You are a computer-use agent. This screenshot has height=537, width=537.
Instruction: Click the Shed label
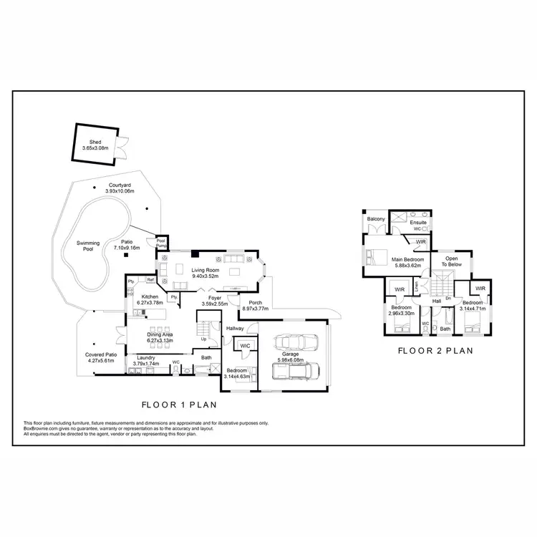click(95, 142)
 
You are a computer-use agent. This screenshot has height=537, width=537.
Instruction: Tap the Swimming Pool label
click(88, 247)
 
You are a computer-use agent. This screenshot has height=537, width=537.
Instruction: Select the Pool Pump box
click(161, 243)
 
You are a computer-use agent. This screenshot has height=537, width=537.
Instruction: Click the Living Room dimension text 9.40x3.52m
click(205, 276)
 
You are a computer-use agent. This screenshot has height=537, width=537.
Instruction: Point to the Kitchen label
click(149, 296)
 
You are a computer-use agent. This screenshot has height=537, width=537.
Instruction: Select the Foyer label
click(215, 298)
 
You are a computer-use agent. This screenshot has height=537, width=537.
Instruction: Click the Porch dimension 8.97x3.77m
click(255, 309)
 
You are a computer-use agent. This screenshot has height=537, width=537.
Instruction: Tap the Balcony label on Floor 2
click(376, 218)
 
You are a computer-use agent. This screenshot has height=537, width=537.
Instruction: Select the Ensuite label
click(417, 223)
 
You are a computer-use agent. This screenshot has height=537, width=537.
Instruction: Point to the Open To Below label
click(452, 261)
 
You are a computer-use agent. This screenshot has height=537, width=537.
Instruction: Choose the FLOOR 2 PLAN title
click(436, 351)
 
